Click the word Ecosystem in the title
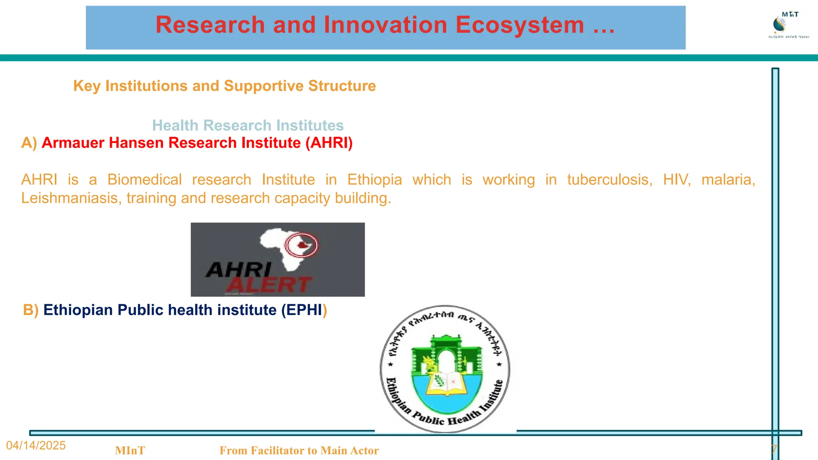point(520,25)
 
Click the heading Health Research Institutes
point(248,125)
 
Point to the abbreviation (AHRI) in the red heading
point(329,143)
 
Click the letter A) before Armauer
point(29,143)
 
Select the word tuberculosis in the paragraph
point(610,180)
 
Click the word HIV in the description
point(677,180)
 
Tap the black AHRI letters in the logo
point(239,270)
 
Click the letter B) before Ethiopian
point(30,310)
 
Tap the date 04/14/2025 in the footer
point(36,445)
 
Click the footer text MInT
point(130,450)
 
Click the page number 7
point(774,450)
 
